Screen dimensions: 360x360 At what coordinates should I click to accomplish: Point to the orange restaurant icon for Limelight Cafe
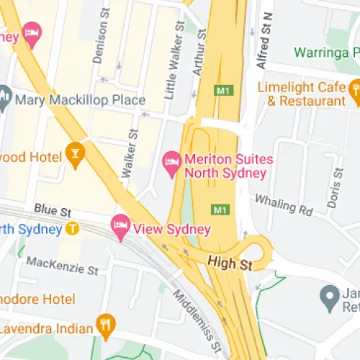tap(354, 89)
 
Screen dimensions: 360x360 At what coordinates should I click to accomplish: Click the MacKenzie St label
tap(62, 265)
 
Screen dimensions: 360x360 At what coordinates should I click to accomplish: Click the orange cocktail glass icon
tap(73, 152)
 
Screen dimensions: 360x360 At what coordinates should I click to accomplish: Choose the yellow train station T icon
tap(72, 229)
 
